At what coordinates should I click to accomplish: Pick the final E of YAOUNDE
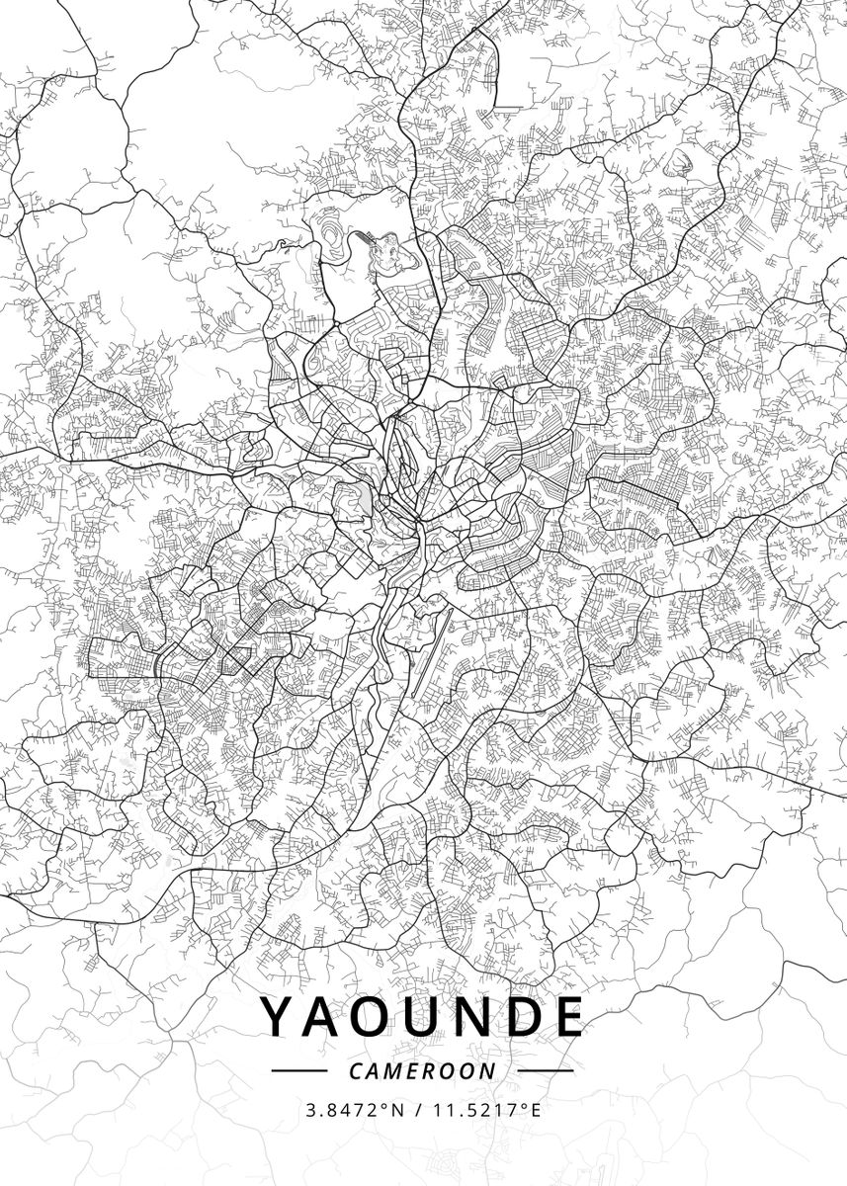565,1017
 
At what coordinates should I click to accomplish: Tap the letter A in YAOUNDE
325,1017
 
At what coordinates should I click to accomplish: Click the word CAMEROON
423,1070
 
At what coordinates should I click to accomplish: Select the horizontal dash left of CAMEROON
298,1070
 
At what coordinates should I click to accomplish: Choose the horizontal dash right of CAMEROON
546,1070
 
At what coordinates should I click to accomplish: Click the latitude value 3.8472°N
356,1110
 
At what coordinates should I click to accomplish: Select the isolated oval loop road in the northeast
680,162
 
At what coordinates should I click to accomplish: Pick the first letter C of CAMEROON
356,1070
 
